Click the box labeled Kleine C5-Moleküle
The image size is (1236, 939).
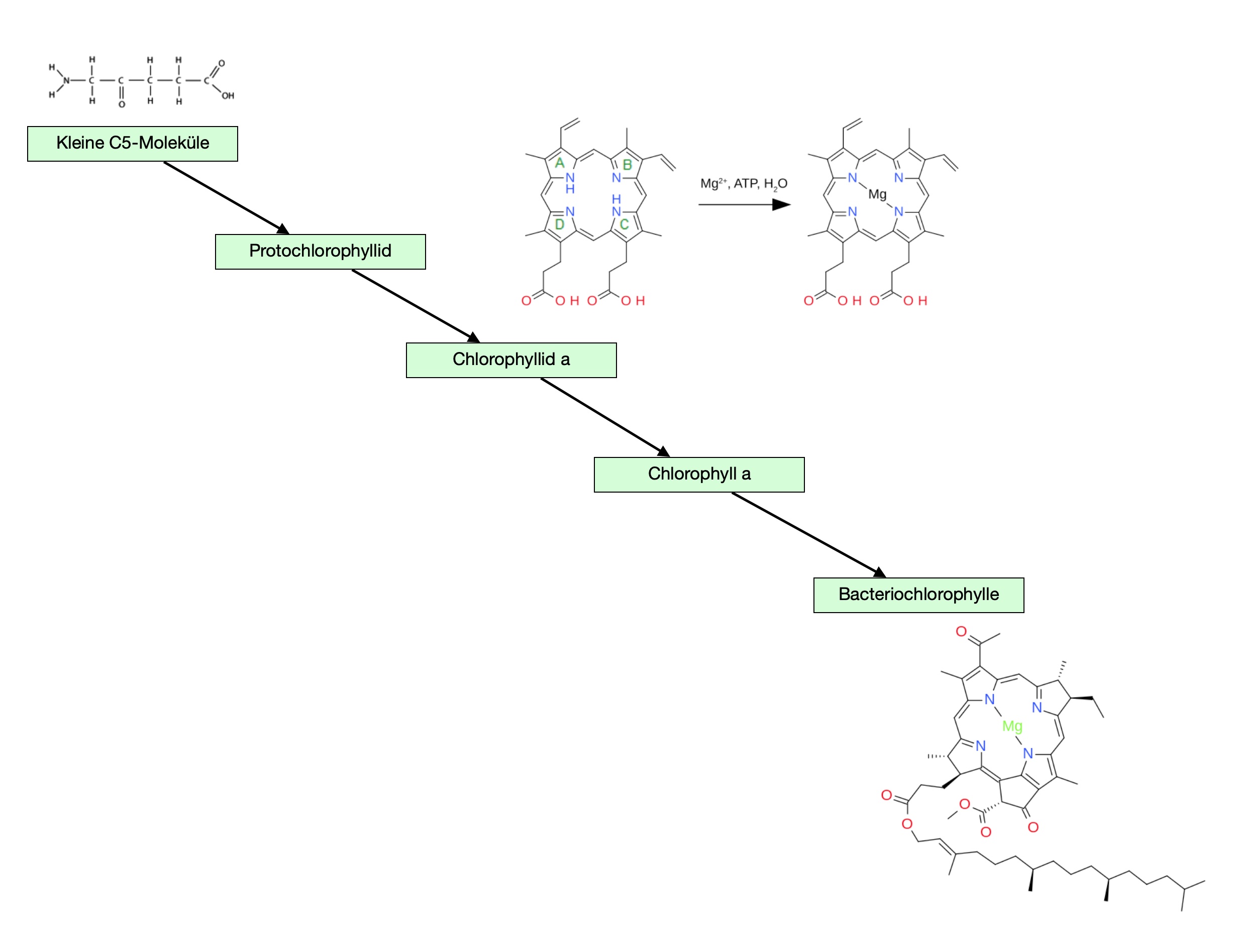tap(133, 144)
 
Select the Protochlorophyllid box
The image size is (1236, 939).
tap(320, 252)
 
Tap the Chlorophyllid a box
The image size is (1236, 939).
tap(510, 360)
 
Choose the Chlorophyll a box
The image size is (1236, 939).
tap(698, 475)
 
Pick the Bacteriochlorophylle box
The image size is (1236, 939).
tap(918, 595)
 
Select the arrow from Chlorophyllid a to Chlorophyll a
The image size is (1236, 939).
tap(604, 417)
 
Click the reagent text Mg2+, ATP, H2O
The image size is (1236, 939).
tap(743, 184)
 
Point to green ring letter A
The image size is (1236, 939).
tap(559, 163)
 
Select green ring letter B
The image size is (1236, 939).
tap(627, 165)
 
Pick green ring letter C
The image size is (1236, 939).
tap(624, 224)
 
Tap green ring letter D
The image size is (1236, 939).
tap(559, 224)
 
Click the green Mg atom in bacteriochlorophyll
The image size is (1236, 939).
tap(1012, 726)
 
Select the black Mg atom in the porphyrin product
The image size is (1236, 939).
tap(877, 194)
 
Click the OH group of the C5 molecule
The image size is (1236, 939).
tap(228, 96)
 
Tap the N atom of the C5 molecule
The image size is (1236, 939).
tap(66, 80)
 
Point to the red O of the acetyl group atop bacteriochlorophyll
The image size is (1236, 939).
tap(961, 632)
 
